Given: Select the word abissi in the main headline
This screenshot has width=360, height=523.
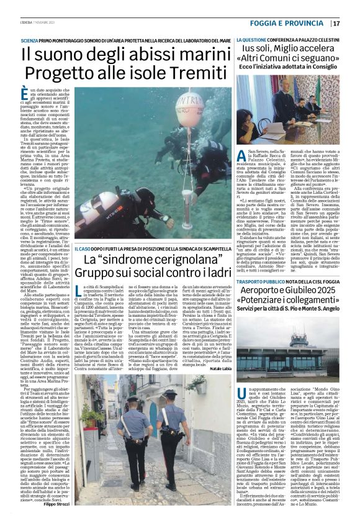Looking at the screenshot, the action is click(x=136, y=54).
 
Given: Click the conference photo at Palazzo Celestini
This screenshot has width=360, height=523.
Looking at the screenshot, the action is click(x=288, y=108).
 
